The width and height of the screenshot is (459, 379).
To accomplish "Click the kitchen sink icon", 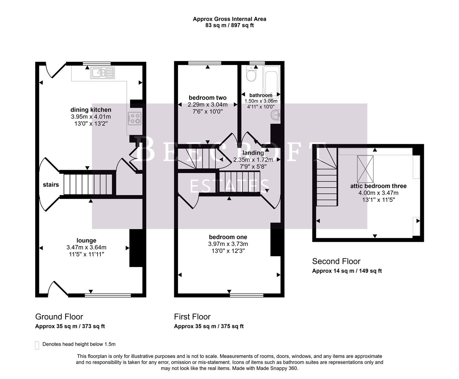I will (102, 73).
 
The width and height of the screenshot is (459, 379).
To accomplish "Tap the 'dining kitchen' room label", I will (91, 110).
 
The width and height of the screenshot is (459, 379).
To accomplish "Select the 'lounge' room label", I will (86, 240).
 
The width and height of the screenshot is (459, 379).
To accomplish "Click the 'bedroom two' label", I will (208, 98).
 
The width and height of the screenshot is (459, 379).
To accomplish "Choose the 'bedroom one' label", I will (228, 237).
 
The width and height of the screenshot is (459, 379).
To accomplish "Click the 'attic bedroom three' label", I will (378, 186).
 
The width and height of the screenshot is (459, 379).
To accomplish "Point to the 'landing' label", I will (253, 153).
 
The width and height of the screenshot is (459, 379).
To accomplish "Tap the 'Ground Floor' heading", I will (59, 317).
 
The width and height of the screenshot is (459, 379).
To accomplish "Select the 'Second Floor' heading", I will (336, 261).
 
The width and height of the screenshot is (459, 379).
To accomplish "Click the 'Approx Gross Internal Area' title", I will (229, 19).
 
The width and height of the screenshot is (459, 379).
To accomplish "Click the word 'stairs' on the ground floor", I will (51, 185).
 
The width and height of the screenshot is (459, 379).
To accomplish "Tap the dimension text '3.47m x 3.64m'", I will (86, 247).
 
